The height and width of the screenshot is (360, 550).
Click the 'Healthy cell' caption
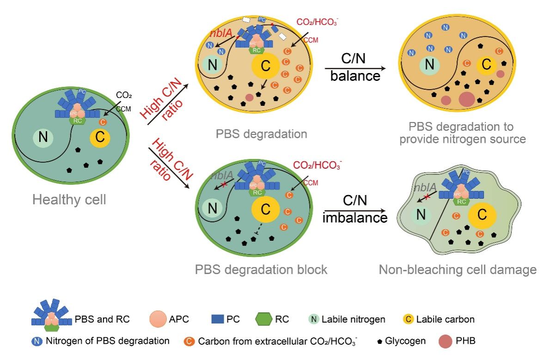pos(69,200)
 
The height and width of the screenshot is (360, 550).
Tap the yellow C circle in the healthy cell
pos(99,137)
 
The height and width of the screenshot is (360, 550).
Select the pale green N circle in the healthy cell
pos(43,137)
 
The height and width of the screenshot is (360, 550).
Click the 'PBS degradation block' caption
pos(261,269)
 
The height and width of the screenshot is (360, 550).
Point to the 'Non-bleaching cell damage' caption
pos(458,269)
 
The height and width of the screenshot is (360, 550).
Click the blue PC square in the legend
pos(217,319)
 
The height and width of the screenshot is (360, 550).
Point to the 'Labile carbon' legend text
pos(445,319)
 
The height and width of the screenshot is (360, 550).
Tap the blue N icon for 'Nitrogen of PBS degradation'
pos(37,342)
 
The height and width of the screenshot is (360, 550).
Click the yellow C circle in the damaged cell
pos(482,214)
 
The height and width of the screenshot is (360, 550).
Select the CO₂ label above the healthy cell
pos(123,96)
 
